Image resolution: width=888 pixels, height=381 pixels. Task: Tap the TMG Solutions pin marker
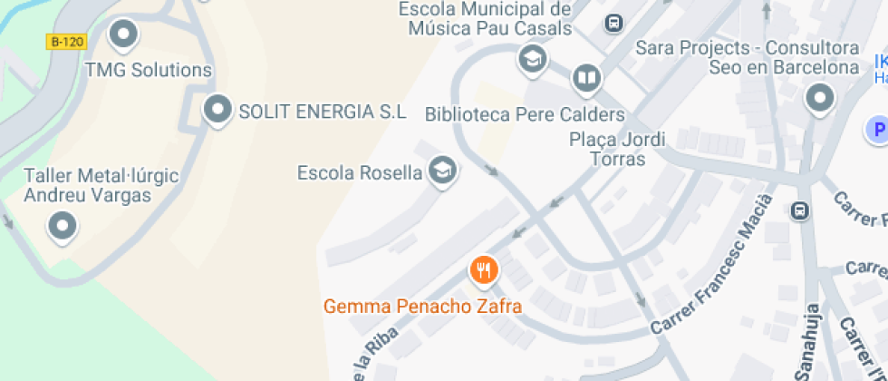pos(122,36)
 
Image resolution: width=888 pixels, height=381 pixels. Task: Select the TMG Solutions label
pos(149,70)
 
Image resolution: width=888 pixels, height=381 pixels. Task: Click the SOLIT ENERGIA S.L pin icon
pos(217,111)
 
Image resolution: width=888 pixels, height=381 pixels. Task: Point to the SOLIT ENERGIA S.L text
pos(322,112)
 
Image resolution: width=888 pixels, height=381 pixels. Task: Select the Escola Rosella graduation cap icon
pos(442,170)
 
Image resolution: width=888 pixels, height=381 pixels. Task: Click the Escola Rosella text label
pos(360,172)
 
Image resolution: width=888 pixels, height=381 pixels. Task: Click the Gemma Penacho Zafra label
pos(422,307)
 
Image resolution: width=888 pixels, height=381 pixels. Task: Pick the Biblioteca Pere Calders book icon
pos(587,79)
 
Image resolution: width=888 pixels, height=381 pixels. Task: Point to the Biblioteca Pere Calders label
pos(525,115)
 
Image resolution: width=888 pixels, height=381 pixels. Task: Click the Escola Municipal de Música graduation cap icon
pos(532,61)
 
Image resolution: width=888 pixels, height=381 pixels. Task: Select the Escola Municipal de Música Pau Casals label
pos(489,19)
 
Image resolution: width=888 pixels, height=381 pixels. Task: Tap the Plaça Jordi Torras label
pos(617,150)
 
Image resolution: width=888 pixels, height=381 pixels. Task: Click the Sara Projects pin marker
pos(820,99)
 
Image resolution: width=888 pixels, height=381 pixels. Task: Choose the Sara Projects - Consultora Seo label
pos(748,57)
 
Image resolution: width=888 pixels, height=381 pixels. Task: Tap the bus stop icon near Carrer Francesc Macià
pos(799,210)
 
